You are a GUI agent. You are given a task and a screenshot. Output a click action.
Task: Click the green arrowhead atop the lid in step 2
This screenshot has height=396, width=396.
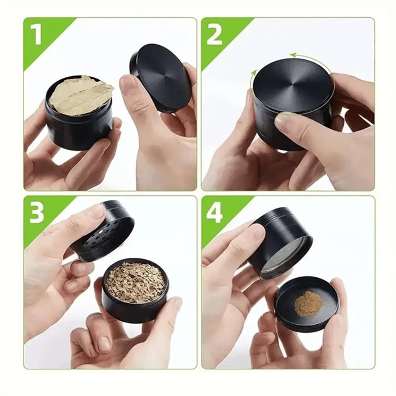pos(293,55)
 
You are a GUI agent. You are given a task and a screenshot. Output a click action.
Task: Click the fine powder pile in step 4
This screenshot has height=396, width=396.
pos(308,303)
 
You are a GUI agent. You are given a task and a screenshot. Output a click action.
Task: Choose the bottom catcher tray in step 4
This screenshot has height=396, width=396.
pos(307,305)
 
